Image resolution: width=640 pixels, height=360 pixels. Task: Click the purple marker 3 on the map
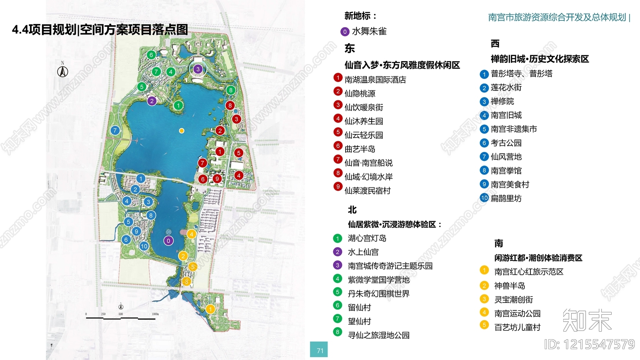point(198,69)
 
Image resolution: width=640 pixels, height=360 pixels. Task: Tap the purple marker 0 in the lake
point(168,241)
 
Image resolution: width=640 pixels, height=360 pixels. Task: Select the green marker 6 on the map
point(151,55)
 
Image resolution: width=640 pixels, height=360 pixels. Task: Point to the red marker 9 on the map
point(217,178)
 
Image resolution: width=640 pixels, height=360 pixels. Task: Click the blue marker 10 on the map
point(144,246)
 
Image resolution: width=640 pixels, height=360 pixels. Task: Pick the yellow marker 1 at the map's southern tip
point(210,309)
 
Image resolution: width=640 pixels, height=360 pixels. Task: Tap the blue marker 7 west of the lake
point(115,130)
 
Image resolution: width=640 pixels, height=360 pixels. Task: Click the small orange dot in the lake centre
point(182,131)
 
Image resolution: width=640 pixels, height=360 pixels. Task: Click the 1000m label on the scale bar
point(155,314)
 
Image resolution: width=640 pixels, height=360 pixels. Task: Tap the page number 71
point(320,350)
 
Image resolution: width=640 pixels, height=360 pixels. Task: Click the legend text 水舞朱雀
point(369,31)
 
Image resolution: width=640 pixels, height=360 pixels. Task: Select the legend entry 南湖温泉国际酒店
point(375,80)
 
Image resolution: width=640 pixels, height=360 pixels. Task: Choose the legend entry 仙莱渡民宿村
point(367,190)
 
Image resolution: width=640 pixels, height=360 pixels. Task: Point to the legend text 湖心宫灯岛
point(367,238)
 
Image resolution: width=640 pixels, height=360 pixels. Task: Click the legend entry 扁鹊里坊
point(506,198)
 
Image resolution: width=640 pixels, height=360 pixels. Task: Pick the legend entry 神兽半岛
point(510,286)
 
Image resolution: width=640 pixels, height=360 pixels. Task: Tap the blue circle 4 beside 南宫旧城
point(484,116)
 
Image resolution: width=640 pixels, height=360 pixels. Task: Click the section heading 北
point(352,210)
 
